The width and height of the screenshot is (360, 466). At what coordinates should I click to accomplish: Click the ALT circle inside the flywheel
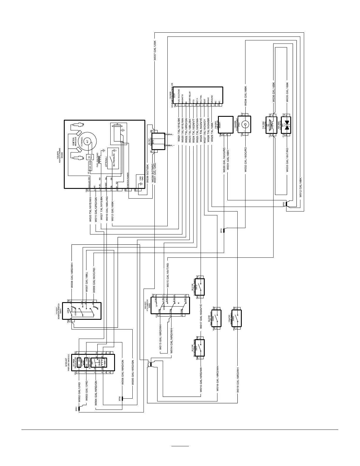[x=87, y=142]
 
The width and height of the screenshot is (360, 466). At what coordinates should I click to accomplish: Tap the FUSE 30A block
[x=91, y=167]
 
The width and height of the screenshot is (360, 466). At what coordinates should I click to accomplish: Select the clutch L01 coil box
[x=272, y=125]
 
